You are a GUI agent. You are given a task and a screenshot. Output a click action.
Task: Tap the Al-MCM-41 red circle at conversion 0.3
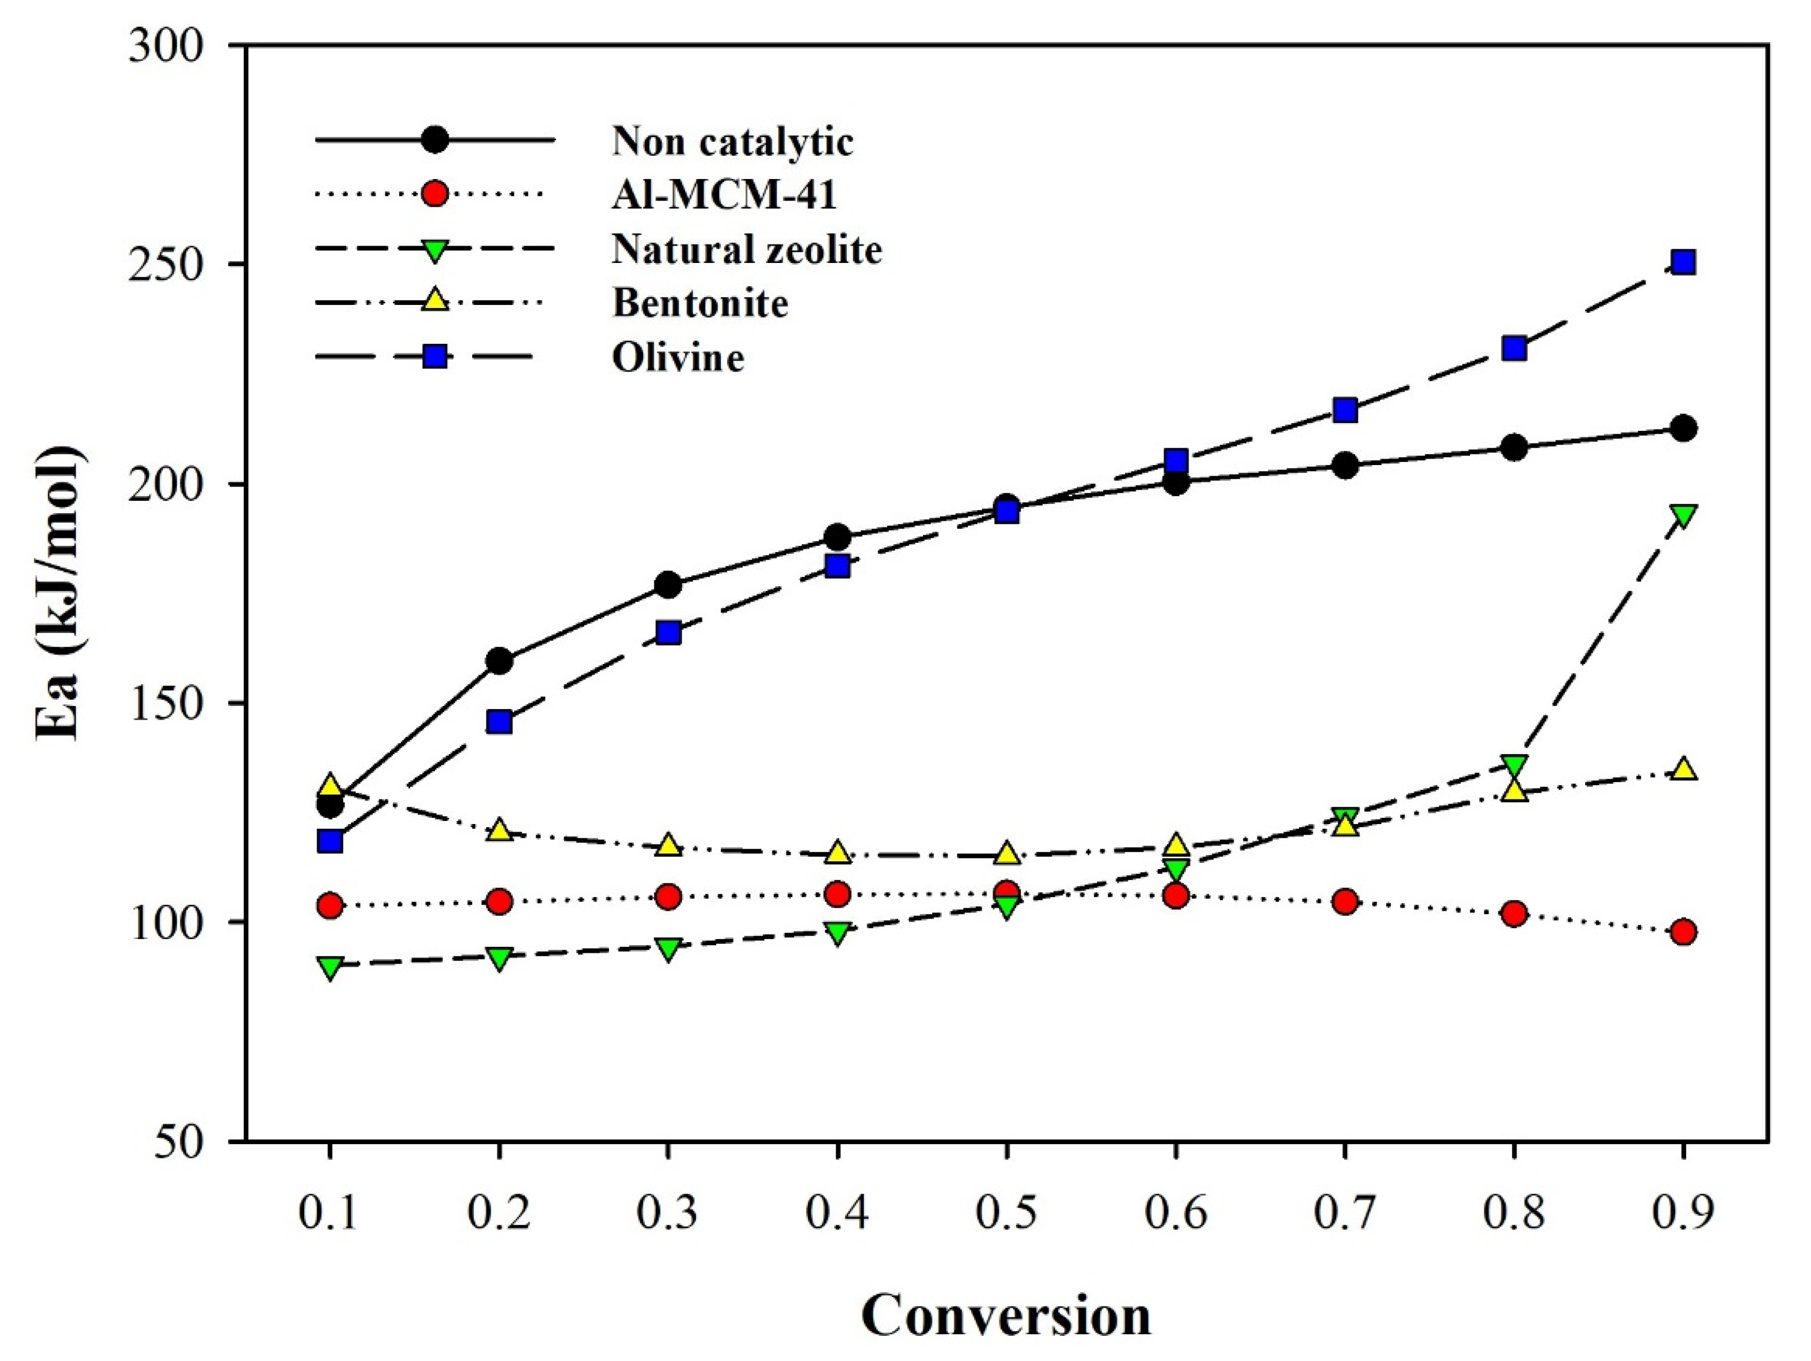[668, 896]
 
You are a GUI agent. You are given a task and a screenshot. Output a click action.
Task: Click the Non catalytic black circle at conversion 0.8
[1514, 448]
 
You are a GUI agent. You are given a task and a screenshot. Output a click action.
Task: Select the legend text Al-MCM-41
[725, 195]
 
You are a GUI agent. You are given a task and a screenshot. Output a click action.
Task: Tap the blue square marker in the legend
[435, 357]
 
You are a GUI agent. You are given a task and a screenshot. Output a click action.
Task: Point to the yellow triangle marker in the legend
[435, 301]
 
